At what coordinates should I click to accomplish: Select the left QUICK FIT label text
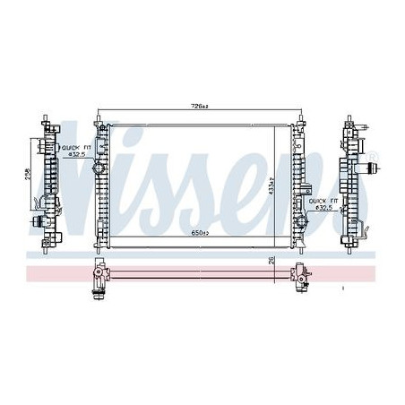[71, 146]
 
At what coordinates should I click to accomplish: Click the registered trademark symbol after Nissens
[374, 158]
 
